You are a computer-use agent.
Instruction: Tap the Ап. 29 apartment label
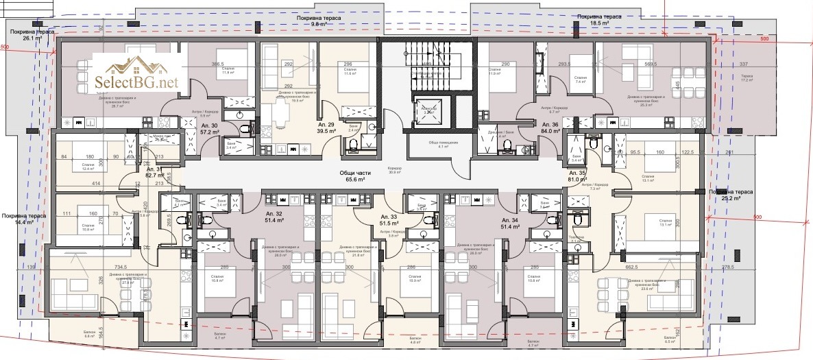[326, 127]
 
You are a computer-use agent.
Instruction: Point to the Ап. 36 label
[550, 128]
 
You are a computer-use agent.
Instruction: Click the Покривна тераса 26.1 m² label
[29, 35]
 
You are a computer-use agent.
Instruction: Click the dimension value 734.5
[121, 267]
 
